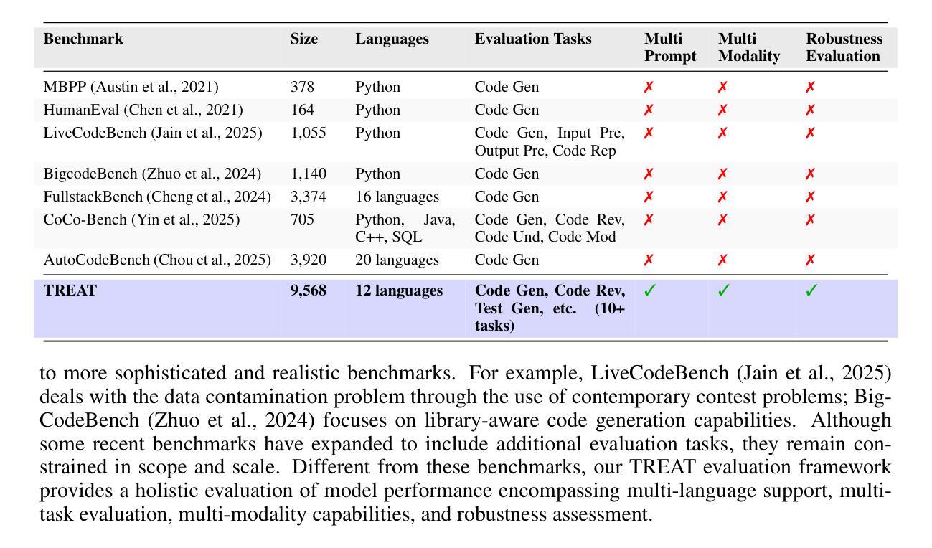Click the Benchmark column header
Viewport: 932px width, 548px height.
pyautogui.click(x=83, y=39)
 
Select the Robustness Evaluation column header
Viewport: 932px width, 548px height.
pyautogui.click(x=844, y=47)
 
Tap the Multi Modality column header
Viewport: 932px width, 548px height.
pyautogui.click(x=748, y=47)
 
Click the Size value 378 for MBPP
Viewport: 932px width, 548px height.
pyautogui.click(x=302, y=88)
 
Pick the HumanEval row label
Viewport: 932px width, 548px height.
pyautogui.click(x=143, y=110)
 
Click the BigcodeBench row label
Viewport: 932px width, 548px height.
pyautogui.click(x=152, y=174)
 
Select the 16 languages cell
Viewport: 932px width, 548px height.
pyautogui.click(x=397, y=197)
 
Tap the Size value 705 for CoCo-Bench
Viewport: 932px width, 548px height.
pyautogui.click(x=302, y=220)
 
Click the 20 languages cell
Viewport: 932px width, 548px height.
pyautogui.click(x=397, y=260)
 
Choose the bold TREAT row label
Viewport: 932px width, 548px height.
pyautogui.click(x=70, y=291)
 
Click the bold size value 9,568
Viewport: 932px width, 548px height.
pyautogui.click(x=308, y=291)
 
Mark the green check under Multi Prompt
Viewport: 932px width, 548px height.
pyautogui.click(x=649, y=291)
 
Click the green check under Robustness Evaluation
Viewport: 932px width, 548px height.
pyautogui.click(x=811, y=291)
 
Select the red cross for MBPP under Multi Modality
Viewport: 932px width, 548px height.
pyautogui.click(x=722, y=88)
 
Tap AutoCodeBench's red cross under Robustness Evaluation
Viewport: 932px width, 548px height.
pyautogui.click(x=810, y=260)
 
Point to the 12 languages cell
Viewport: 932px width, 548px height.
pyautogui.click(x=399, y=291)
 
